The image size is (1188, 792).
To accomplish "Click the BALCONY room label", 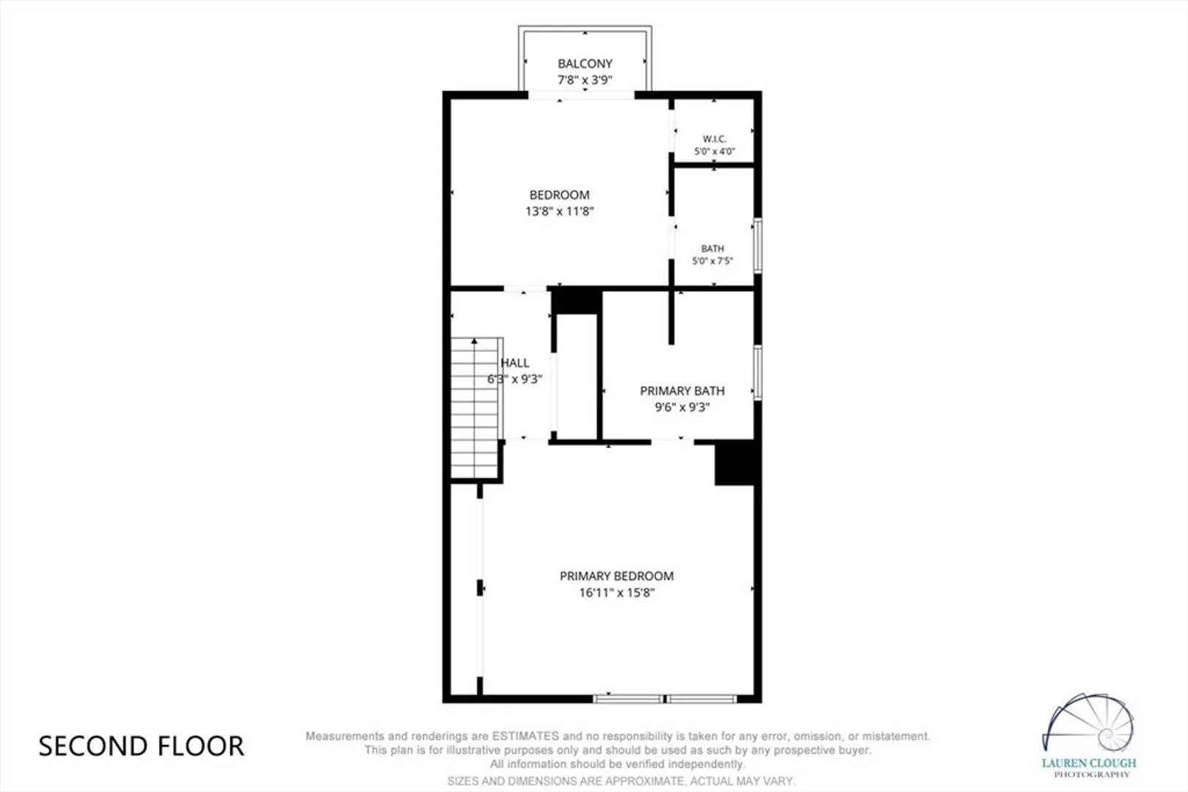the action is coord(585,64).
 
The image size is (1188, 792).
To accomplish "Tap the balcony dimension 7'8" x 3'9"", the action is coord(585,80).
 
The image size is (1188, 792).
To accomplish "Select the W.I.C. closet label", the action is coord(715,139).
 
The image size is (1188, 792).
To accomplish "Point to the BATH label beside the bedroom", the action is coord(713,249).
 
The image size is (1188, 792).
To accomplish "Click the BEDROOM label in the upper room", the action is coord(560,195).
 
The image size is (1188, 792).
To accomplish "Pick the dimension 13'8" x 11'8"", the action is coord(560,211).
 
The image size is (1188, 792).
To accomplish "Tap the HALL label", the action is coord(515,363).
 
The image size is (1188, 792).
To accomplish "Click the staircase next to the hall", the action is coord(476,408).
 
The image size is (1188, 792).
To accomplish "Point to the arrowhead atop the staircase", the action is coord(474,341).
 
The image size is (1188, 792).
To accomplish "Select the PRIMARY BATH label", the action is coord(682,391).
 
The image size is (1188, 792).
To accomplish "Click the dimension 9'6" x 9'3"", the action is coord(682,408).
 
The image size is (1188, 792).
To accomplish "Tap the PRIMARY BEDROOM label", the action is coord(617,576).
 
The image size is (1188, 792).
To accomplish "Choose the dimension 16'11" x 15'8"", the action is coord(617,593).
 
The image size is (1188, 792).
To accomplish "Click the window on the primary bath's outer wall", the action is coord(758,372).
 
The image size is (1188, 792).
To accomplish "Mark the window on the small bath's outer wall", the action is coord(758,246).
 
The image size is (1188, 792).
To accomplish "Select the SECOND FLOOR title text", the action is coord(142,747).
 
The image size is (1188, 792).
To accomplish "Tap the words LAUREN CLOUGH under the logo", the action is coord(1089,763).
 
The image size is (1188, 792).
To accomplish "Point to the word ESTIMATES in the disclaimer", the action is coord(525,736).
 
